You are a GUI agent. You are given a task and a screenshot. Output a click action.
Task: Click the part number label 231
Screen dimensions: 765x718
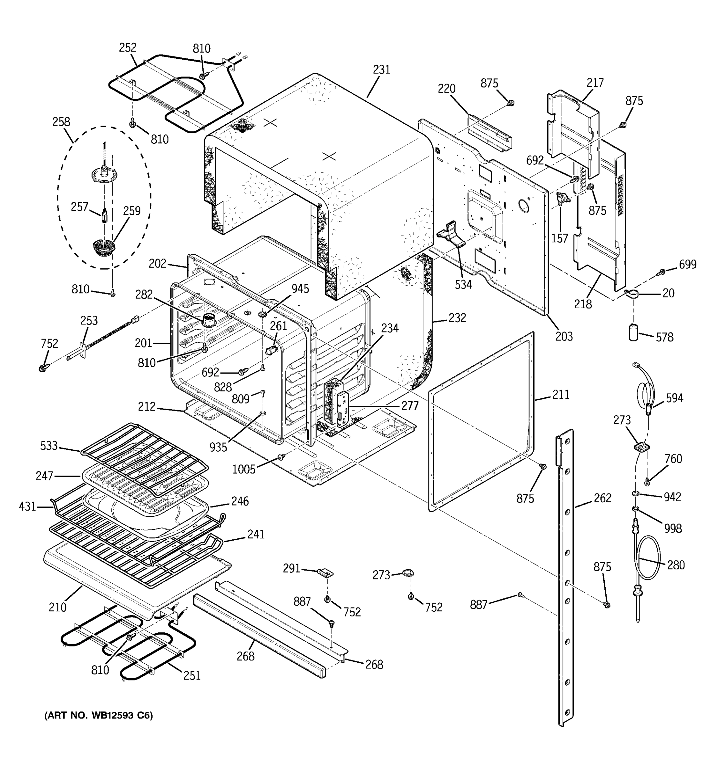click(x=381, y=70)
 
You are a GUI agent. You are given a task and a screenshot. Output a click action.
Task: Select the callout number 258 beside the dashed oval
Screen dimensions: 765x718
click(x=61, y=122)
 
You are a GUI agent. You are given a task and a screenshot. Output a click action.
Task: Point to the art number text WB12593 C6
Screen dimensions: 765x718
click(x=99, y=716)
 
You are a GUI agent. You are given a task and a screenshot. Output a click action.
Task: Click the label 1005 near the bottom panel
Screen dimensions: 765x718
click(x=243, y=469)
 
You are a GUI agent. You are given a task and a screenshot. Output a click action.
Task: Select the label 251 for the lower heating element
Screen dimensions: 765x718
click(x=191, y=675)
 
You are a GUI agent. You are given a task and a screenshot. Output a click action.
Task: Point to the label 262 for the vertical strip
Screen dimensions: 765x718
click(x=602, y=498)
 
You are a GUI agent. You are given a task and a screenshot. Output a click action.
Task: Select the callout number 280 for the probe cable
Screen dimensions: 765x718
click(x=676, y=565)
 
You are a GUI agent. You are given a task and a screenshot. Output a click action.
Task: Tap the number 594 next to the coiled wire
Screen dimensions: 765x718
click(x=675, y=398)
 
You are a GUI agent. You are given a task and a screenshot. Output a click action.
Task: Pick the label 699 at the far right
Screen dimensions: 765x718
click(x=688, y=264)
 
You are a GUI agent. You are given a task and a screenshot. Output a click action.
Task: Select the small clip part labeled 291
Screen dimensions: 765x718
click(x=325, y=572)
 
